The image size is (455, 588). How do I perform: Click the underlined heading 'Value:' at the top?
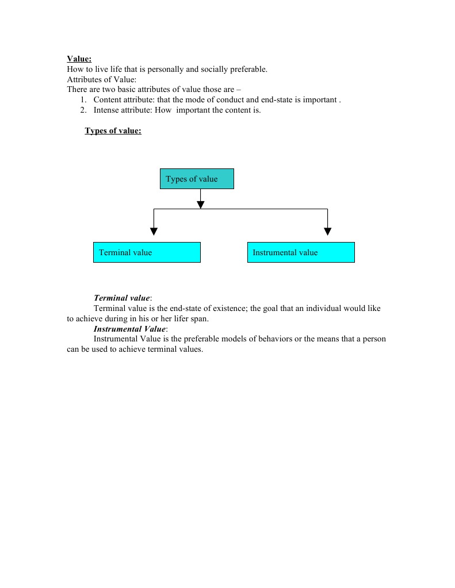click(x=79, y=59)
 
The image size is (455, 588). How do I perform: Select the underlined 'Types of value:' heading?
click(x=113, y=130)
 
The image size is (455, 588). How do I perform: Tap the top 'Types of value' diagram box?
click(x=197, y=179)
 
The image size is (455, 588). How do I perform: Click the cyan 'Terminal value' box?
click(x=147, y=252)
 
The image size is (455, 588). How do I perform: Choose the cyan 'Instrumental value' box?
click(x=301, y=252)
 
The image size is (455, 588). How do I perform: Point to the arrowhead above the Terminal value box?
click(x=154, y=231)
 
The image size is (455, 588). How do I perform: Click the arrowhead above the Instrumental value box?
click(x=327, y=231)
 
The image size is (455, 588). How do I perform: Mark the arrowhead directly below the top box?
click(x=200, y=205)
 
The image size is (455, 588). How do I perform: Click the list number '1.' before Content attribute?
click(x=83, y=100)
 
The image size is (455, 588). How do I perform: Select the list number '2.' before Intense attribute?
click(x=83, y=110)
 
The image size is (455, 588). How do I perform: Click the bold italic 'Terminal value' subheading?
click(x=121, y=298)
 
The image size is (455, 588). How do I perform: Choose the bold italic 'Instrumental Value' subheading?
click(x=129, y=329)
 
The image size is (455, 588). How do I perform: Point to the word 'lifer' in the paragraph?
click(x=181, y=318)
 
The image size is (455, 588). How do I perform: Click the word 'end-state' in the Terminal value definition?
click(x=178, y=308)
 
